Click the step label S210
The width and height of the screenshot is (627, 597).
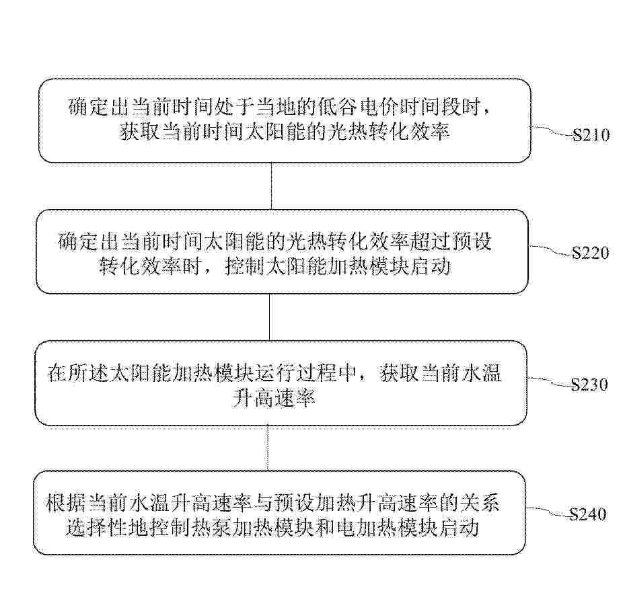coord(591,135)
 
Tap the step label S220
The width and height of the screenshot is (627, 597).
coord(590,253)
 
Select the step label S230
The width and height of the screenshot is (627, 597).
coord(589,385)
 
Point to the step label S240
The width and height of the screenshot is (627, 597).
coord(588,514)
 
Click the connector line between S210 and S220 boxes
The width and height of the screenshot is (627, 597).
coord(272,186)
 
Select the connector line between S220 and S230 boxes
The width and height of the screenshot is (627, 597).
coord(270,317)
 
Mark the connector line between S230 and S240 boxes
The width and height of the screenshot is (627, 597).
coord(268,448)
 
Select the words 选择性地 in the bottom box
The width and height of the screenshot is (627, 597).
coord(108,528)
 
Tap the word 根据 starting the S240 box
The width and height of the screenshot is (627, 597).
coord(66,503)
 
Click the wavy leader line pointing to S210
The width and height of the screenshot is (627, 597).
coord(552,131)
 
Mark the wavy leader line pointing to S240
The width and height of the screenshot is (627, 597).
coord(548,511)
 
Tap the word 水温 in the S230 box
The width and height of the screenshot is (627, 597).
coord(482,373)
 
